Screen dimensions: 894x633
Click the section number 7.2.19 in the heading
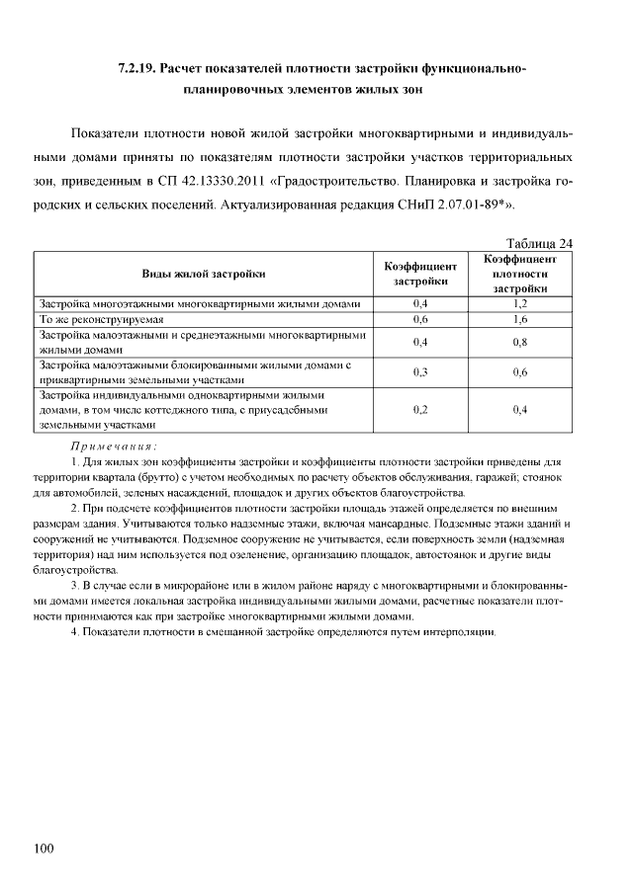coord(136,68)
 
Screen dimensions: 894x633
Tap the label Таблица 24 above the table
coord(539,244)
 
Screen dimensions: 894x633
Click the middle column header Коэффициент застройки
coord(421,274)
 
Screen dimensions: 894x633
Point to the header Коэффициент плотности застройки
coord(520,274)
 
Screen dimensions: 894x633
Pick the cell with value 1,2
coord(520,304)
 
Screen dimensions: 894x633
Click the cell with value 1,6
coord(520,320)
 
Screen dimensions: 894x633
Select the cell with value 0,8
coord(520,342)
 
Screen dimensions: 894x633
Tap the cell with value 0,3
coord(421,371)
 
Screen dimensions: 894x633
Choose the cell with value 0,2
coord(421,409)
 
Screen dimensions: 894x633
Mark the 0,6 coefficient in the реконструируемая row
coord(421,320)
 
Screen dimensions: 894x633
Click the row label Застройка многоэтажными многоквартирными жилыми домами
coord(198,304)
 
